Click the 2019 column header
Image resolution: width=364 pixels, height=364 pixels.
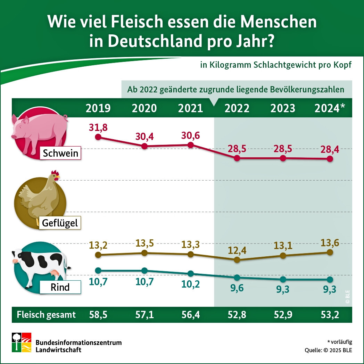coord(98,108)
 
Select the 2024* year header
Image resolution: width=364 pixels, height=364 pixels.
coord(330,108)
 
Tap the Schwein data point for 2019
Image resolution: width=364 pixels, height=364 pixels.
coord(98,137)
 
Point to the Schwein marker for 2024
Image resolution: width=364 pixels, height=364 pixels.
coord(330,159)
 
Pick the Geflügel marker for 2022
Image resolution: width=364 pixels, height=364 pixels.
coord(237,259)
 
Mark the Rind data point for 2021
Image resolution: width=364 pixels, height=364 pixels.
coord(190,274)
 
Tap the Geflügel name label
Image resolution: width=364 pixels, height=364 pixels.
coord(60,223)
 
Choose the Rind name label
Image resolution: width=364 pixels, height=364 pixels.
coord(60,287)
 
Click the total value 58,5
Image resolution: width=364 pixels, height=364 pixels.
coord(98,315)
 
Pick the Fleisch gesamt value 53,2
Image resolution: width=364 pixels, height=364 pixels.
coord(330,315)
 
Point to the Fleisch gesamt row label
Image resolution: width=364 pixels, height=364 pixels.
coord(46,315)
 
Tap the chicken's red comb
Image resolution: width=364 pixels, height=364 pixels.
coord(54,173)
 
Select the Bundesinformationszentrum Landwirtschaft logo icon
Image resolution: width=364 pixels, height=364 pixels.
coord(22,342)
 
